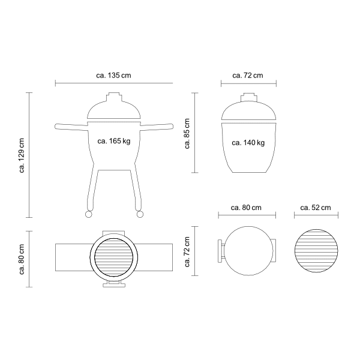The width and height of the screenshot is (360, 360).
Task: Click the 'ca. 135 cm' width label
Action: [113, 76]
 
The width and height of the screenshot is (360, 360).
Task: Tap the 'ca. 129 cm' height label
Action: [22, 155]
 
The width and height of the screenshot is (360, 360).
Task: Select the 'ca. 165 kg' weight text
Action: [114, 141]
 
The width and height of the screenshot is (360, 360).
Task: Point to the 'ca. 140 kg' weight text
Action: [248, 143]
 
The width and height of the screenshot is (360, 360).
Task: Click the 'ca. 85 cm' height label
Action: [187, 134]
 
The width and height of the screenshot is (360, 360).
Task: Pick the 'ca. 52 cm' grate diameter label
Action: [316, 208]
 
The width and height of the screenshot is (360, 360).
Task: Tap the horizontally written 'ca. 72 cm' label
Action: [247, 76]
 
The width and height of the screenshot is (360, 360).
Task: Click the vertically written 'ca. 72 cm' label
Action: [187, 252]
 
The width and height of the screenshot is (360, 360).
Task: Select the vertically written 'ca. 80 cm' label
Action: [22, 259]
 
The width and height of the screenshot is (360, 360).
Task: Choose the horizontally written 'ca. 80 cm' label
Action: [246, 208]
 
